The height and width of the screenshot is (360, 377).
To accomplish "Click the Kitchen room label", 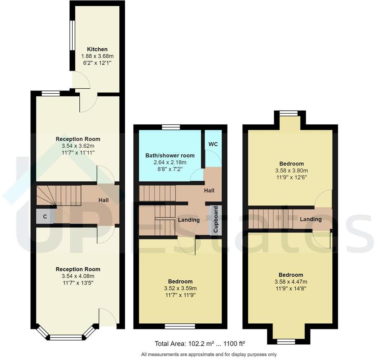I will click(x=97, y=50).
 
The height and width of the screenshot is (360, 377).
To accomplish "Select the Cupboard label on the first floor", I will click(x=216, y=220).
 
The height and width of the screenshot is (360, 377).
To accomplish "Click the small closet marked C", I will click(x=45, y=216).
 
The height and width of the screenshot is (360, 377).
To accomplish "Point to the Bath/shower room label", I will click(x=170, y=156).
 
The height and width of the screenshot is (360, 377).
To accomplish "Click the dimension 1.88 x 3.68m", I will click(x=97, y=57).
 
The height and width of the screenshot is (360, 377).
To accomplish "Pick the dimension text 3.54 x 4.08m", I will click(x=78, y=276).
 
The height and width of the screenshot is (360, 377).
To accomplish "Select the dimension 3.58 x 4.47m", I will click(x=291, y=282).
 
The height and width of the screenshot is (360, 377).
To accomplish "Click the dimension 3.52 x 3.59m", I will click(x=180, y=289).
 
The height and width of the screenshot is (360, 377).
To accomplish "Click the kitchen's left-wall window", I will click(x=72, y=35).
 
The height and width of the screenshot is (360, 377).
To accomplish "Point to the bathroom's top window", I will click(x=171, y=127).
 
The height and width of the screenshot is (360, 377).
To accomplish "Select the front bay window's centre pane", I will click(x=66, y=338).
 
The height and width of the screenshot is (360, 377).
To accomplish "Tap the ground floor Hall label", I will click(x=103, y=200).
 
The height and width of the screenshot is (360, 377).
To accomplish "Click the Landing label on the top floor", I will click(x=311, y=219).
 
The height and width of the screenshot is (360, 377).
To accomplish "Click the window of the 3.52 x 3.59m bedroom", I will click(x=180, y=326).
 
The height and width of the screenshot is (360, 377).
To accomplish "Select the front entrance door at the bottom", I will click(x=107, y=319).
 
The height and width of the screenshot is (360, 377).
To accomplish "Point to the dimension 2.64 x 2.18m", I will click(x=170, y=163).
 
